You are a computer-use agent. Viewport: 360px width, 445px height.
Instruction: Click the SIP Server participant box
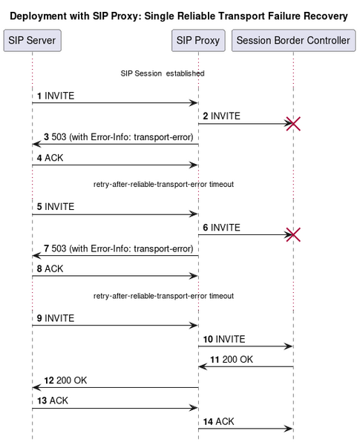33,41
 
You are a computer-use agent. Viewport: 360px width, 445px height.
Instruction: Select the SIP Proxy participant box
198,41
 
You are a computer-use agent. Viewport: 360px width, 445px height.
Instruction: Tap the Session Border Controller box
293,41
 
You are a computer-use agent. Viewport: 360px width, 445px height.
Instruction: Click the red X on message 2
293,124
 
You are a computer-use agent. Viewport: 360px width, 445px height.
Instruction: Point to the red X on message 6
293,234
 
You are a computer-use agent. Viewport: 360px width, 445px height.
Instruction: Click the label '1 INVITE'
56,96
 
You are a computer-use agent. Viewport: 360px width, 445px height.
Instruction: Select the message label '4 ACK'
50,158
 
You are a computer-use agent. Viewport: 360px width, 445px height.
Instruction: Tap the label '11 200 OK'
232,360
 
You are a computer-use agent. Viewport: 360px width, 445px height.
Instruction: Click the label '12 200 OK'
65,380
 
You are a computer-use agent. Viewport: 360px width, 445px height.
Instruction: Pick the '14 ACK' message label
218,422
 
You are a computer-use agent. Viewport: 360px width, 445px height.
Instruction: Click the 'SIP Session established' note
163,73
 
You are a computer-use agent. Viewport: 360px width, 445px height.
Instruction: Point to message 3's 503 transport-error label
119,137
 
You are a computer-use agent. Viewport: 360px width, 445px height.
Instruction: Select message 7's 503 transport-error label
119,248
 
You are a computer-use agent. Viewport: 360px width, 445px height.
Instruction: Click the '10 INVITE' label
224,339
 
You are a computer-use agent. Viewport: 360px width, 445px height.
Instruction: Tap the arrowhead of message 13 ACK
194,408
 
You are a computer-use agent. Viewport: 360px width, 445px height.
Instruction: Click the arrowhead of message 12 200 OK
36,387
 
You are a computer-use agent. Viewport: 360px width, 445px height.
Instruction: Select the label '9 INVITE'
56,318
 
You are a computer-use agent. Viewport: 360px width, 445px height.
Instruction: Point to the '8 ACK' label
50,268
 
